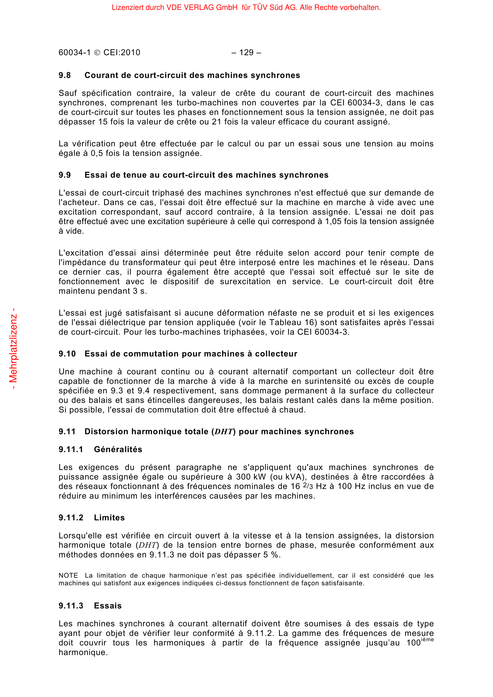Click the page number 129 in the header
click(246, 52)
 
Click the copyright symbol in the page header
click(97, 53)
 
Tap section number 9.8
click(65, 75)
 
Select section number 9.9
click(65, 175)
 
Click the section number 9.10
click(67, 354)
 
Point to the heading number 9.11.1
click(71, 450)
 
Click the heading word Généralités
click(118, 450)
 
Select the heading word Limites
click(109, 518)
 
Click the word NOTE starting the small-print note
click(68, 576)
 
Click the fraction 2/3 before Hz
click(308, 486)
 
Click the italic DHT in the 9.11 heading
click(224, 432)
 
